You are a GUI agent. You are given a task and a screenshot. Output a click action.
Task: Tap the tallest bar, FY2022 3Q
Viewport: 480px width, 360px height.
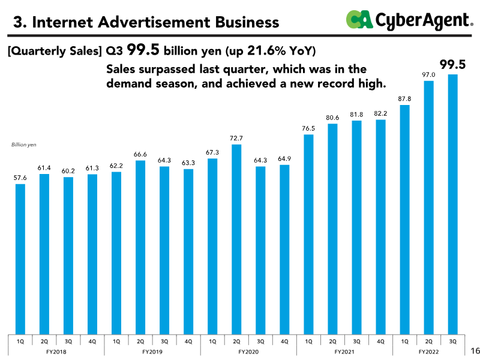[452, 204]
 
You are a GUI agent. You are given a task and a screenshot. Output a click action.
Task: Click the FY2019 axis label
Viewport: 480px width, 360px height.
[152, 351]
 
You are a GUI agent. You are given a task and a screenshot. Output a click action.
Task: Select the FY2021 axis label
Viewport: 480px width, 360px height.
[344, 351]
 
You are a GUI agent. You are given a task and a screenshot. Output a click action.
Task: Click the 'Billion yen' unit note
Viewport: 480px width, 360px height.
[24, 145]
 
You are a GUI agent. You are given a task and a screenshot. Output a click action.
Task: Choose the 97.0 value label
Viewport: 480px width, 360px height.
[428, 74]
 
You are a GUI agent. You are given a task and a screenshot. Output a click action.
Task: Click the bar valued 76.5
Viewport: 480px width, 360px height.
[308, 234]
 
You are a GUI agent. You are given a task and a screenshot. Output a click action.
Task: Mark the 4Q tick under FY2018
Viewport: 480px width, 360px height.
[92, 341]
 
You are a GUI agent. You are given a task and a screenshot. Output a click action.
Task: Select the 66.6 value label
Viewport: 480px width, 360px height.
[140, 154]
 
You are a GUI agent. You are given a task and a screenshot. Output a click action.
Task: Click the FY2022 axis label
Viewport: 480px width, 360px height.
[428, 351]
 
